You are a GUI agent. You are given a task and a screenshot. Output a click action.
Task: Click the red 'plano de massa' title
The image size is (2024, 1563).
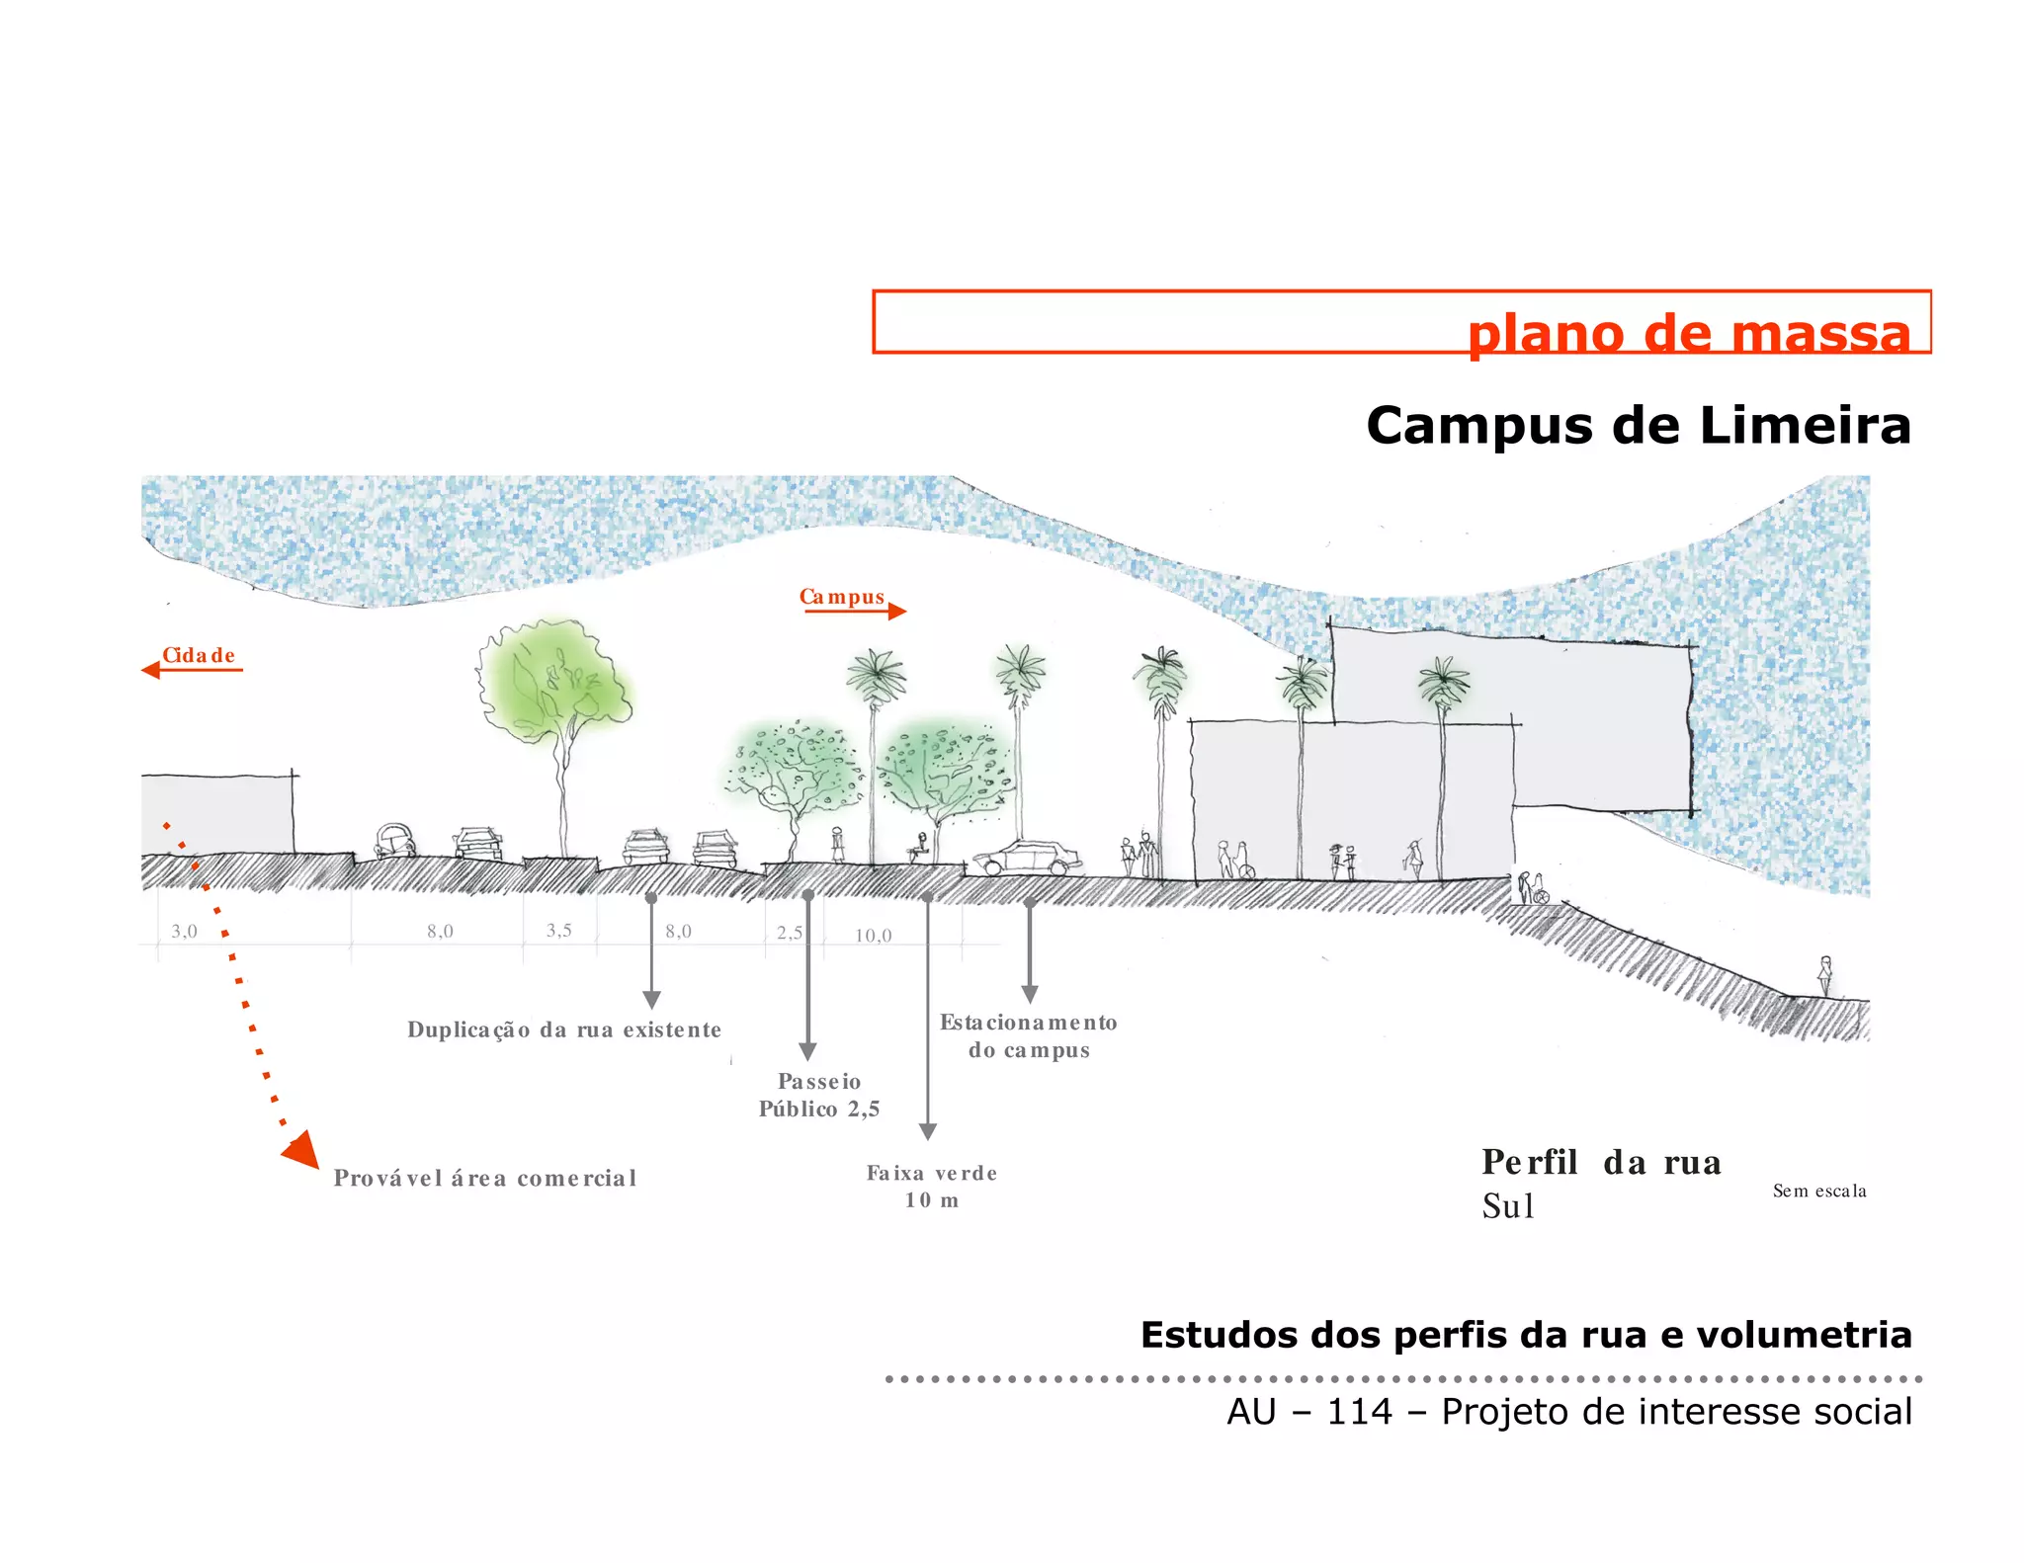point(1688,334)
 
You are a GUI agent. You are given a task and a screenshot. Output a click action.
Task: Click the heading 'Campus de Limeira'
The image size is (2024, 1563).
point(1638,426)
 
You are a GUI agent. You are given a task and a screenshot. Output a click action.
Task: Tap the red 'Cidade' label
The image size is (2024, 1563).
point(199,655)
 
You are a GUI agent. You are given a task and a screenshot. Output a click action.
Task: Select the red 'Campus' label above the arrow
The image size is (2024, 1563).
point(842,597)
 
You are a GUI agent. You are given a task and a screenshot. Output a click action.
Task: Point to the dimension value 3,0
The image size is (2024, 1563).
point(185,931)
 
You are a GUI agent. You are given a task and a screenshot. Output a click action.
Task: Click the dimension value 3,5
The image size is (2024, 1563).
point(558,930)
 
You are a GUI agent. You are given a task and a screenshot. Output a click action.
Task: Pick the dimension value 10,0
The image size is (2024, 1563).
point(873,935)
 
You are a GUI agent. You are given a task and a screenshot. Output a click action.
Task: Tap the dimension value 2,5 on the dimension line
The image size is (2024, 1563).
point(789,932)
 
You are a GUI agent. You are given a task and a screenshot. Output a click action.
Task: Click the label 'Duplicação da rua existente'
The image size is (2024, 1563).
point(564,1029)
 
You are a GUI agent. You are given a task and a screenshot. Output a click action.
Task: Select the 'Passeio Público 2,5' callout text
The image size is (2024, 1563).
point(819,1095)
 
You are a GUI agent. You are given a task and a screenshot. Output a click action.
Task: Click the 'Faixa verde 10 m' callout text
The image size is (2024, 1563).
point(932,1186)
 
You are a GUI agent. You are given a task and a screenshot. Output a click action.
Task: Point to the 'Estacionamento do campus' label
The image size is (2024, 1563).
point(1029,1035)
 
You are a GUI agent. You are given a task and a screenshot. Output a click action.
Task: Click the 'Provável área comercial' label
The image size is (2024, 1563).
point(485,1178)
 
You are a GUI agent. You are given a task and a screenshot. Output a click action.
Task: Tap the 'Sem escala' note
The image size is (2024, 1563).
point(1819,1191)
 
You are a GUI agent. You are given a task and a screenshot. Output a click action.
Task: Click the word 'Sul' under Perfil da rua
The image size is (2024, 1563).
point(1508,1206)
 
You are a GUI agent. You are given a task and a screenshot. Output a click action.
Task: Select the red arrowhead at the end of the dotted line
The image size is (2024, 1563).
point(301,1150)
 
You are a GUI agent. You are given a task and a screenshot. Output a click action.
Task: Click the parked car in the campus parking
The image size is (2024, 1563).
point(1027,858)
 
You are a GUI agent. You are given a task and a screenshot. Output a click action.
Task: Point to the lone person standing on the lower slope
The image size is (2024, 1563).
point(1825,976)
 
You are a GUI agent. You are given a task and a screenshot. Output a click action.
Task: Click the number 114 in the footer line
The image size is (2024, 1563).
point(1359,1412)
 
